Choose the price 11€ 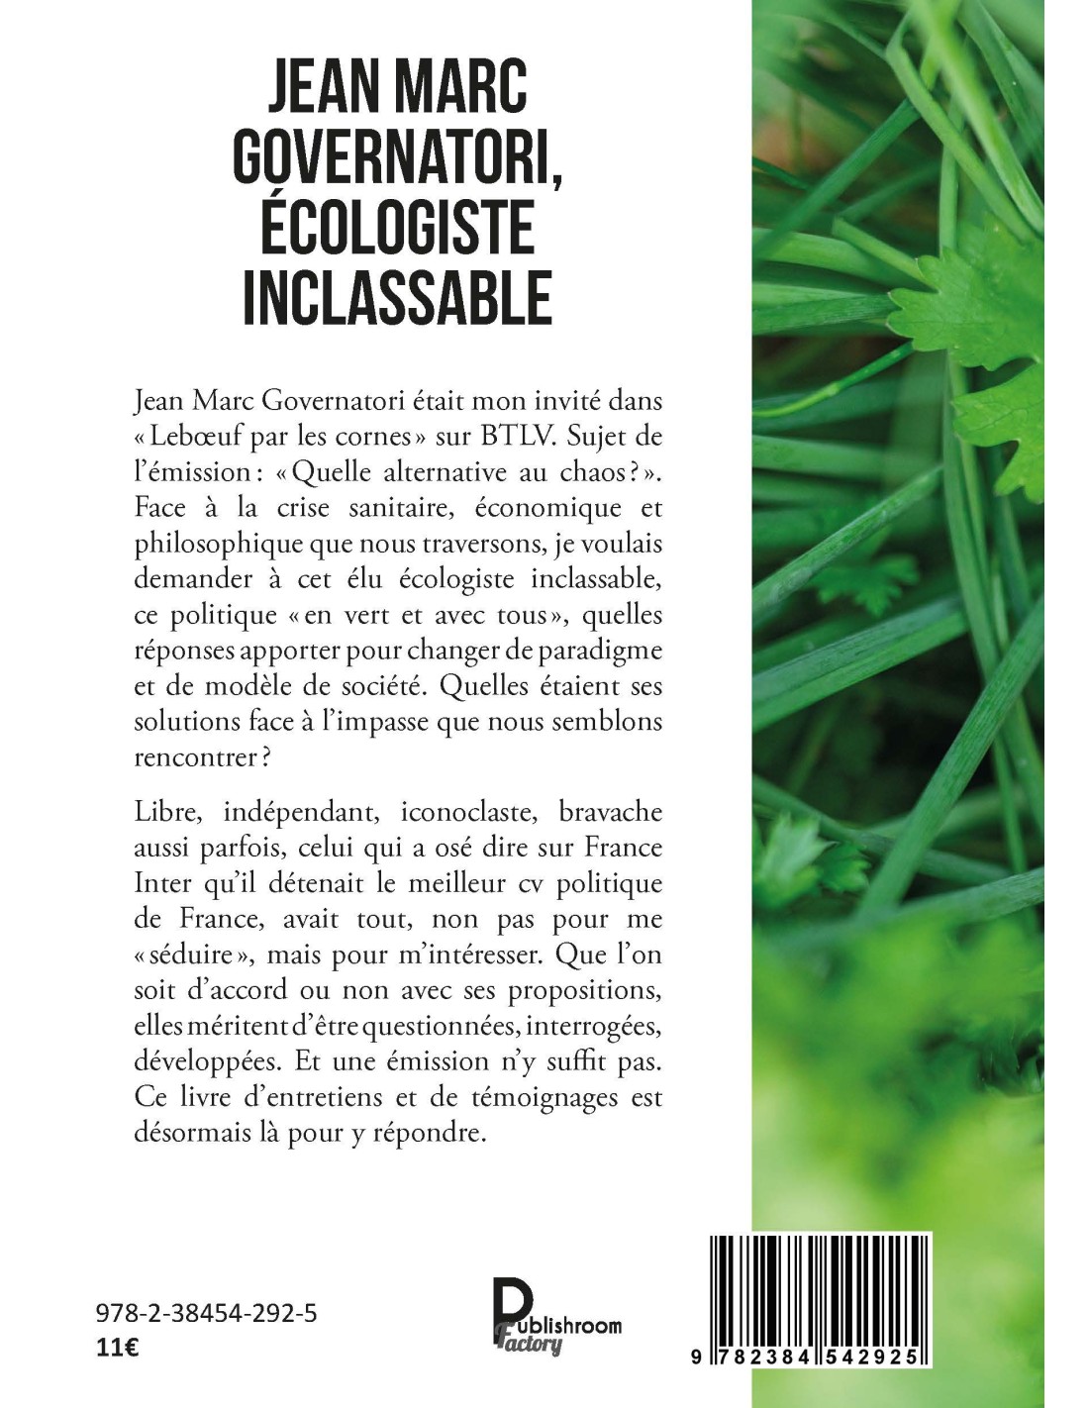pos(117,1349)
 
